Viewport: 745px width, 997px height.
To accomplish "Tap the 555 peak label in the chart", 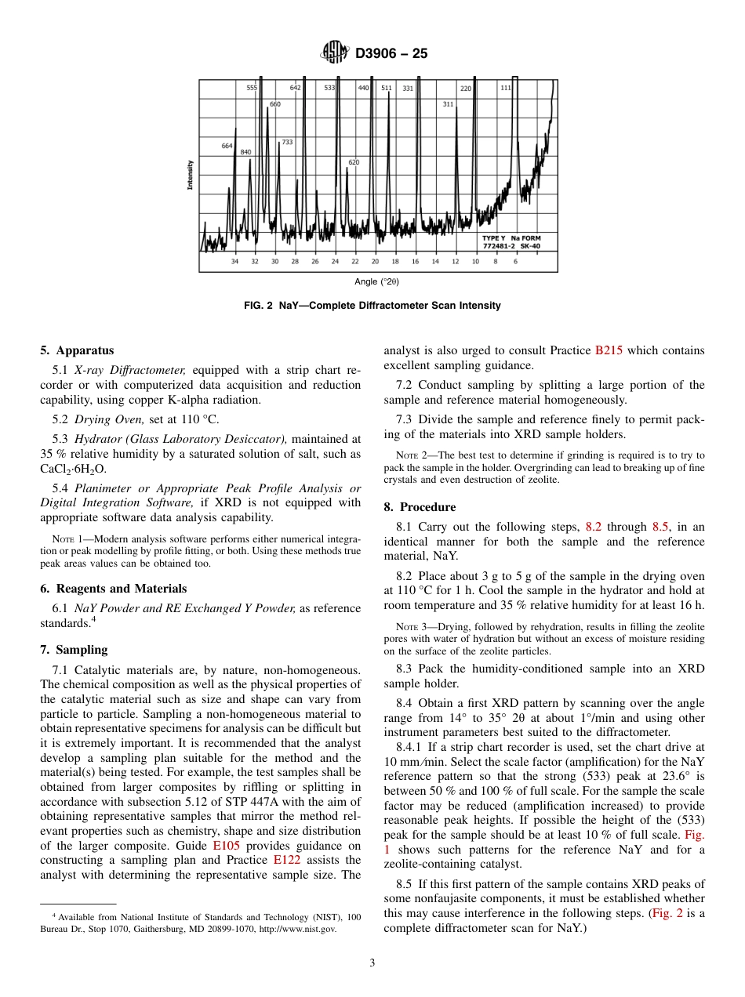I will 252,88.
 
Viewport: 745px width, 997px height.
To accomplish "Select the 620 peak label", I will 354,162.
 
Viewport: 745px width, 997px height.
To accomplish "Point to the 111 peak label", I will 505,88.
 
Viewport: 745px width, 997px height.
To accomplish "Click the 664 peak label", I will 227,146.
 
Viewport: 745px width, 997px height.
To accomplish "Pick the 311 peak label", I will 448,103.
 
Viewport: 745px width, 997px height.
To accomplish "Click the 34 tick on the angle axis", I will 234,261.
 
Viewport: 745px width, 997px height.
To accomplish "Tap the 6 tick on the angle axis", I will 515,261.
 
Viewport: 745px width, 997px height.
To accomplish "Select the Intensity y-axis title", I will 190,175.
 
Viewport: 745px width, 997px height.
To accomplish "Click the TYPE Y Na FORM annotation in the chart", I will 511,237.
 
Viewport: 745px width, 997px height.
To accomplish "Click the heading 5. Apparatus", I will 77,350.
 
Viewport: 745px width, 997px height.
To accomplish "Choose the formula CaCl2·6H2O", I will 73,469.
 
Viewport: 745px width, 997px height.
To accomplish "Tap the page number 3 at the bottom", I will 372,963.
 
